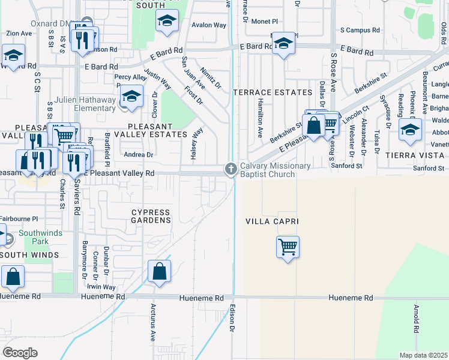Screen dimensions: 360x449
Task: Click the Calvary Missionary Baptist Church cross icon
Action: pyautogui.click(x=231, y=170)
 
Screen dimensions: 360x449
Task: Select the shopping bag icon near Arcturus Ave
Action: pyautogui.click(x=160, y=271)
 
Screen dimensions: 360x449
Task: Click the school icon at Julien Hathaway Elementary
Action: pyautogui.click(x=131, y=96)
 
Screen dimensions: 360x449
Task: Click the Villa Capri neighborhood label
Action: pyautogui.click(x=272, y=221)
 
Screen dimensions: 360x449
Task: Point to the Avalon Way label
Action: pyautogui.click(x=209, y=25)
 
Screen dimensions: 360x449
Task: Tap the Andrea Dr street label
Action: pyautogui.click(x=139, y=154)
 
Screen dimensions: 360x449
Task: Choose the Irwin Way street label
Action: pyautogui.click(x=101, y=287)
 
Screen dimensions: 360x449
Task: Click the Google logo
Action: pyautogui.click(x=20, y=352)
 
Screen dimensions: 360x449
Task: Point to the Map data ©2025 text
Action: pyautogui.click(x=423, y=355)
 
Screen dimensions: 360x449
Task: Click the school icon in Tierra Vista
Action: pyautogui.click(x=410, y=129)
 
